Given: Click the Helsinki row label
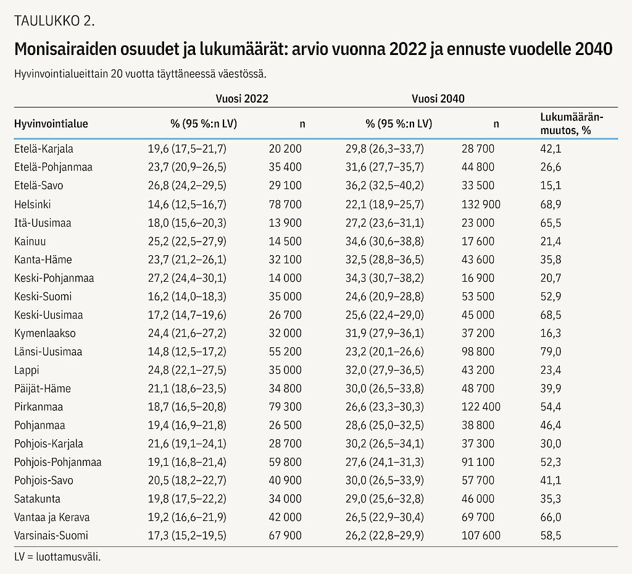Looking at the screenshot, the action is [32, 204].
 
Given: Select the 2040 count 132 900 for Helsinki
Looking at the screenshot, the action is [481, 204].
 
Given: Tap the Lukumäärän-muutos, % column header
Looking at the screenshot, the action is [572, 124].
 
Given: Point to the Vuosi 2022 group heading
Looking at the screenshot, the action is [242, 98].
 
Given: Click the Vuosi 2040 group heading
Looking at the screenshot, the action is [438, 98].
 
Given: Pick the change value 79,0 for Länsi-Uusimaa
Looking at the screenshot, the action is [551, 352].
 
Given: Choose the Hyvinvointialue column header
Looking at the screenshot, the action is [51, 124].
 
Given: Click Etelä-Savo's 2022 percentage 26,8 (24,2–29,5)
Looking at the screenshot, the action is [187, 185].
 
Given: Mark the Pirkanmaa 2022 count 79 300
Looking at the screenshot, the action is [285, 407].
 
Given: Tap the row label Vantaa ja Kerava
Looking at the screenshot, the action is [52, 517].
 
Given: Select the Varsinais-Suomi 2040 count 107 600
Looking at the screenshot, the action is [481, 536].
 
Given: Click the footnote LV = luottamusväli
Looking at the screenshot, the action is [57, 557].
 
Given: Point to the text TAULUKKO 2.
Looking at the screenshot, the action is [54, 20].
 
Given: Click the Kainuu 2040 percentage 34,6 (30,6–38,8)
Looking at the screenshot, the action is [385, 241].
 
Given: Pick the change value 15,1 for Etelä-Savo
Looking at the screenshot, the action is [551, 185].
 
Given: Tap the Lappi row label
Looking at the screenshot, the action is [27, 370].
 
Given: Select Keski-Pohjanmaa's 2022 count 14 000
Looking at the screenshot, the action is [285, 278].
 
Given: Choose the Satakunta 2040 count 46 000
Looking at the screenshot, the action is [478, 499].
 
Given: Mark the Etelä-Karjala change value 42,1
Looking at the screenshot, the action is [551, 149].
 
